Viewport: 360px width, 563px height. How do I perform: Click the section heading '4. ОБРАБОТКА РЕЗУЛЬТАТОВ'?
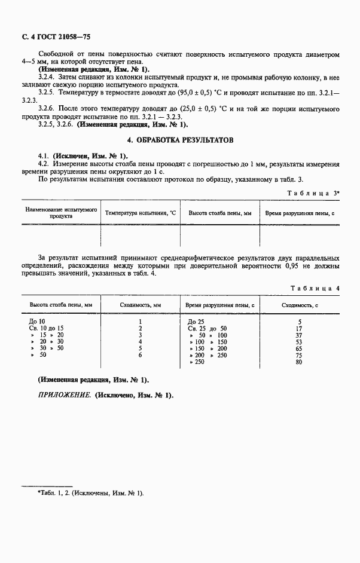point(180,140)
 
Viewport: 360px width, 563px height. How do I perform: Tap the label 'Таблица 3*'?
point(313,193)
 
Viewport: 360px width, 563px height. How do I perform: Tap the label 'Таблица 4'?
point(315,288)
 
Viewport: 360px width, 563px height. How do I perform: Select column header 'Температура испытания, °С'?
point(141,213)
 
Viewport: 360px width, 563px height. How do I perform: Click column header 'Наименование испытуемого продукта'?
point(60,213)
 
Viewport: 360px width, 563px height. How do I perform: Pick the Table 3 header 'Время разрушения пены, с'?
point(300,213)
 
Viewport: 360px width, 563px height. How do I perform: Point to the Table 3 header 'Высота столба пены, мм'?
point(220,213)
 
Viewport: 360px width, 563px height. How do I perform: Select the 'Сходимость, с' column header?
point(299,305)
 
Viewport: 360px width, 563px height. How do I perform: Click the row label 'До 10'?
point(38,322)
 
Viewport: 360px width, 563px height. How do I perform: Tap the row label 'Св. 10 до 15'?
point(47,328)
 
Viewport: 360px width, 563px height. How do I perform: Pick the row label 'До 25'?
point(196,322)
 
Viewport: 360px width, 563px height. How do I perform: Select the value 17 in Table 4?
point(299,328)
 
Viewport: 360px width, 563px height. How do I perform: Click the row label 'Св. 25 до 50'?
point(207,328)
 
